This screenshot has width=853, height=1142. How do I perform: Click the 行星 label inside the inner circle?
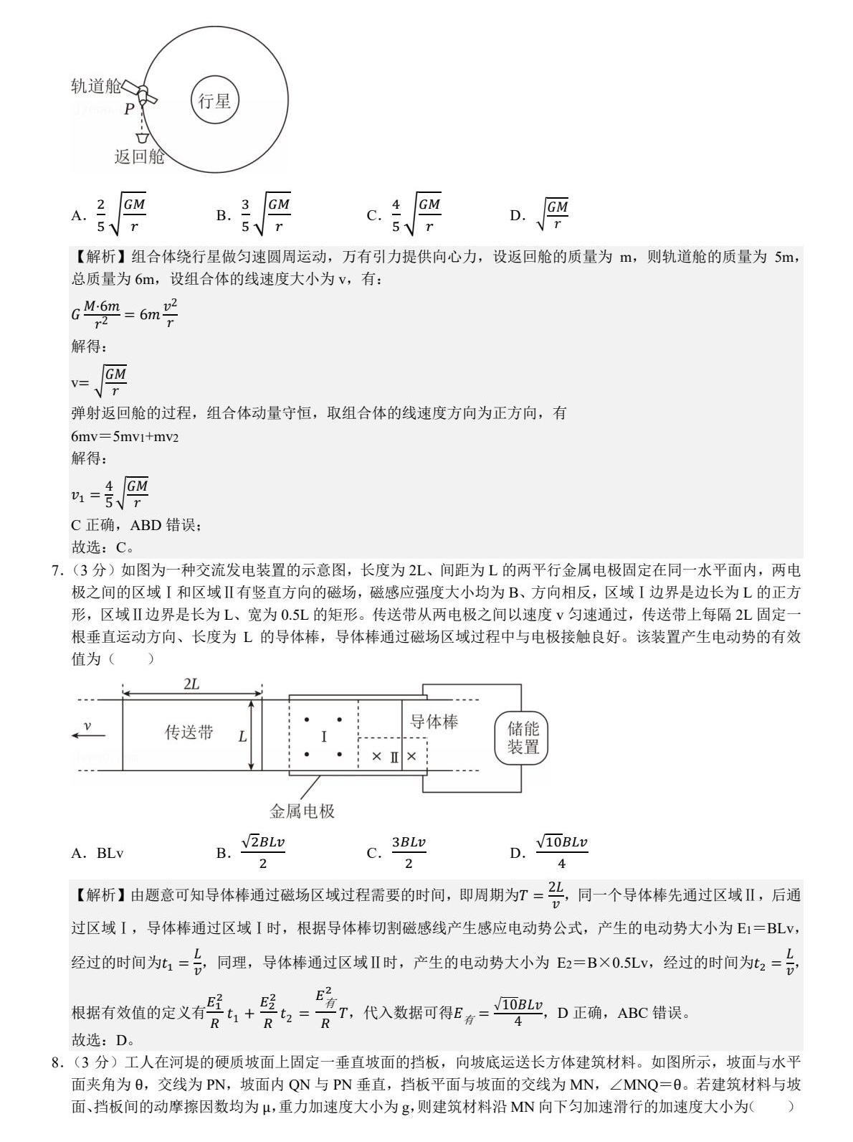pyautogui.click(x=214, y=101)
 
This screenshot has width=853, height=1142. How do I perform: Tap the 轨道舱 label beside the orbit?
pyautogui.click(x=95, y=87)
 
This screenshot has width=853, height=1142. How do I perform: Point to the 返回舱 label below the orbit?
pyautogui.click(x=139, y=157)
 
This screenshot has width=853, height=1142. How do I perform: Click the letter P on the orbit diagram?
pyautogui.click(x=128, y=109)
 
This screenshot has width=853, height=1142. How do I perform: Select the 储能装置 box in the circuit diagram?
pyautogui.click(x=523, y=737)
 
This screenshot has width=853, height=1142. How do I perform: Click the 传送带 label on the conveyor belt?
pyautogui.click(x=189, y=732)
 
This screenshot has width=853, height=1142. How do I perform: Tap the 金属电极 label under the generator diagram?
pyautogui.click(x=302, y=811)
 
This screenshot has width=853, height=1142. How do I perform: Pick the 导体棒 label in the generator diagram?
pyautogui.click(x=434, y=722)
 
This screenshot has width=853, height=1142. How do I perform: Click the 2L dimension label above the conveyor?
pyautogui.click(x=191, y=684)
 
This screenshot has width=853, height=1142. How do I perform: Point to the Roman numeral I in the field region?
pyautogui.click(x=323, y=737)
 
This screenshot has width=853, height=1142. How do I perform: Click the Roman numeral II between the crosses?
pyautogui.click(x=394, y=756)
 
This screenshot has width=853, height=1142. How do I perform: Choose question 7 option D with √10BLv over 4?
pyautogui.click(x=549, y=852)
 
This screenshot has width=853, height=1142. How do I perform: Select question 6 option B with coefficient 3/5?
pyautogui.click(x=254, y=215)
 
